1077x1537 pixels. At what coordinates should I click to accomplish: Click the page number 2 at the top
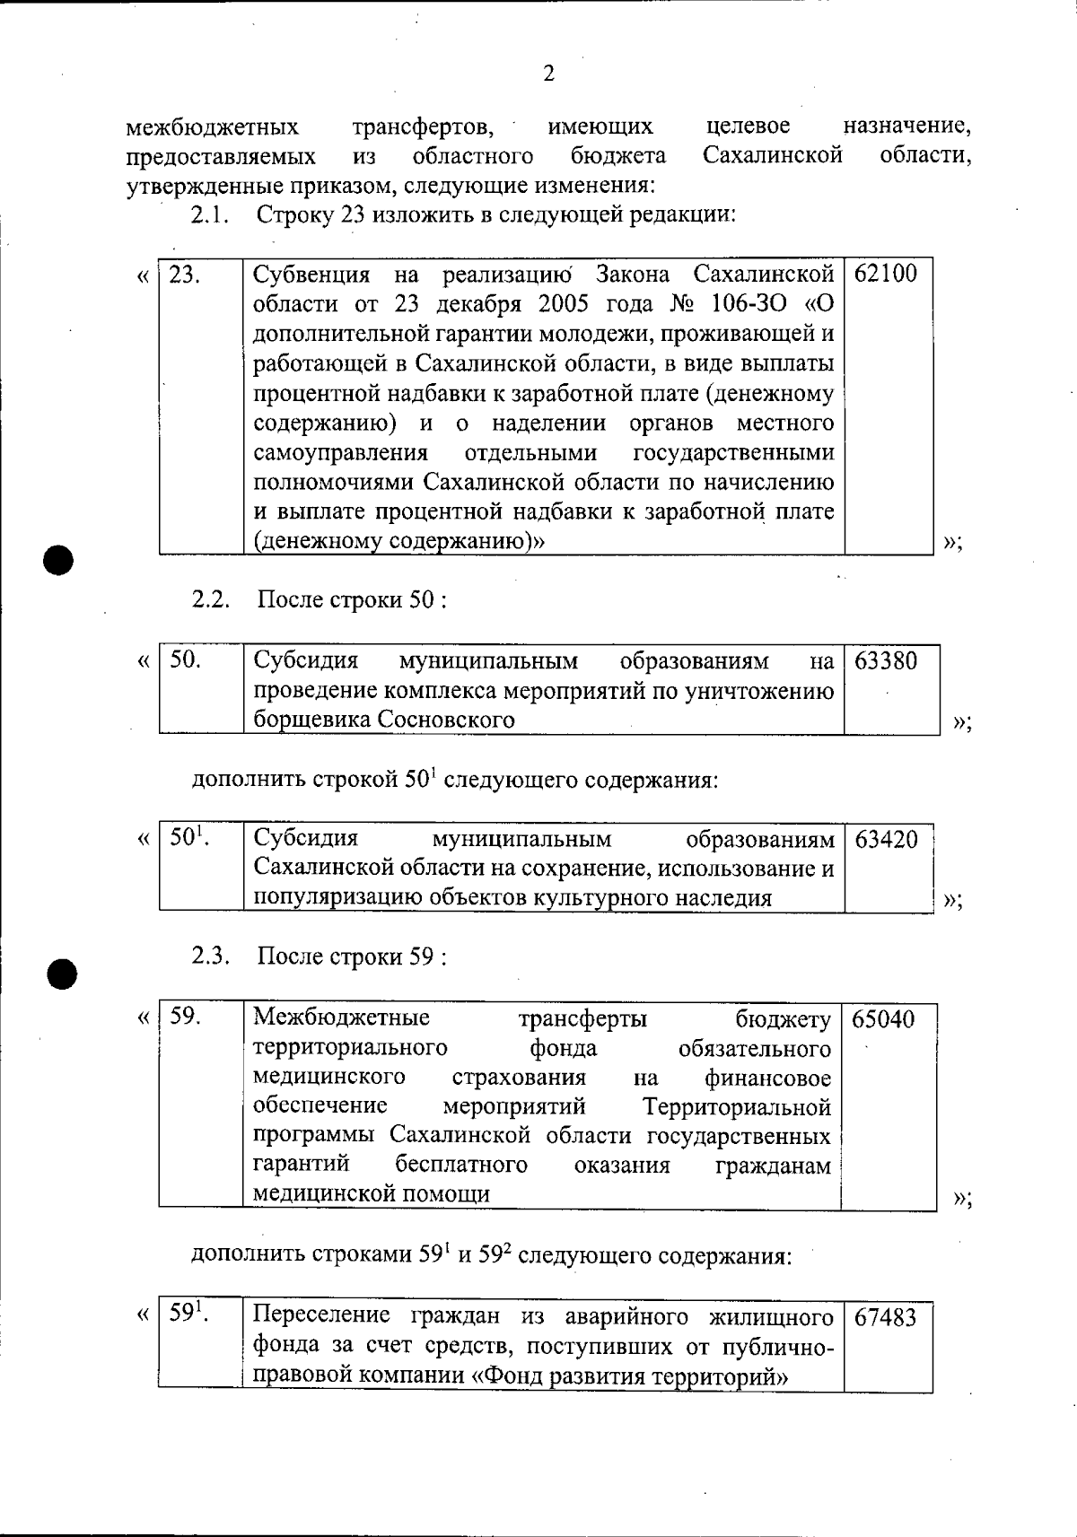click(548, 74)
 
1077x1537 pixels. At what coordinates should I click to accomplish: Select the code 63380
click(886, 661)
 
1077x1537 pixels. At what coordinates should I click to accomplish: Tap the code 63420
click(887, 841)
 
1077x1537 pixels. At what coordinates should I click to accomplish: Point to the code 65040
click(884, 1019)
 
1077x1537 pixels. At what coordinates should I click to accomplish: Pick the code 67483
click(886, 1318)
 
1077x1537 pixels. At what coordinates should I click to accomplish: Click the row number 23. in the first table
click(184, 275)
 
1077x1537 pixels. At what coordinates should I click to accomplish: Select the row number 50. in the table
click(185, 660)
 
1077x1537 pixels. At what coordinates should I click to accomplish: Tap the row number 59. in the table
click(185, 1017)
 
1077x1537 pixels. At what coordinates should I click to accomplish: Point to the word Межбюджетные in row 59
click(341, 1017)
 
